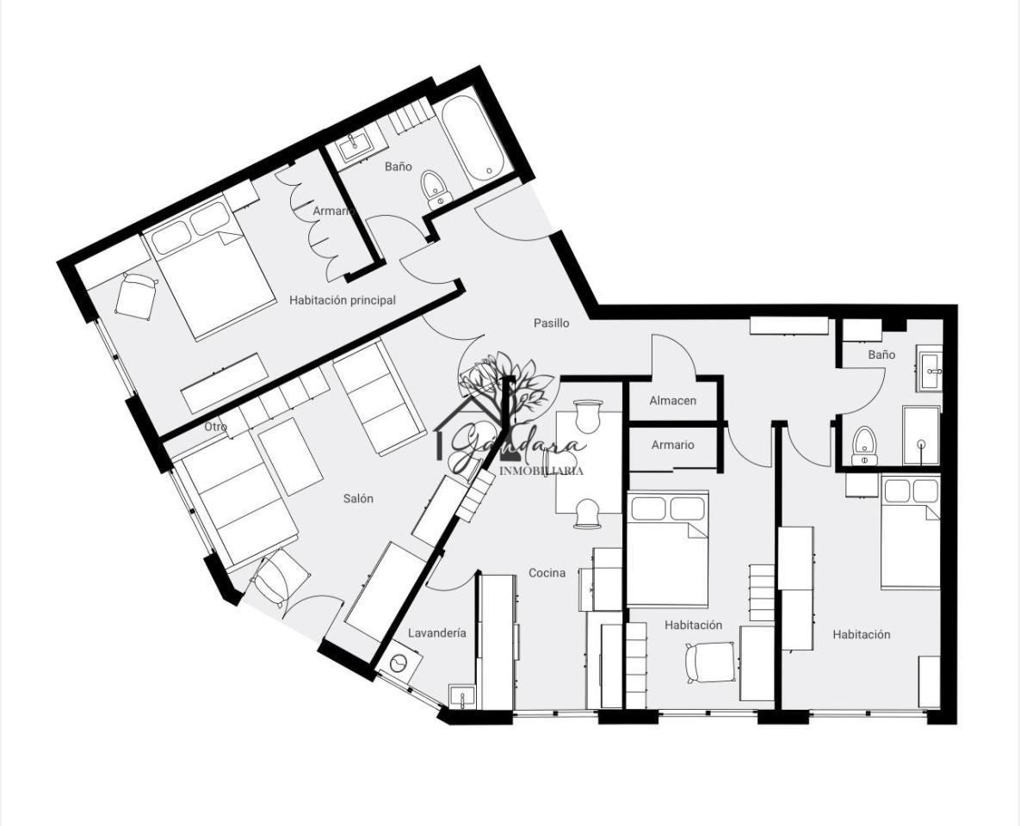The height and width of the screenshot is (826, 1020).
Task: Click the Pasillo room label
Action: point(552,323)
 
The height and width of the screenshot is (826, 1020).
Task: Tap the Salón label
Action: point(358,499)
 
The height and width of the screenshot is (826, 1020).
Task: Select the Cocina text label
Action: point(547,573)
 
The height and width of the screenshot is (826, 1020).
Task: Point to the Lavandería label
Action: point(437,632)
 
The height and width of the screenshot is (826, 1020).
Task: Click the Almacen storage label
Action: point(672,401)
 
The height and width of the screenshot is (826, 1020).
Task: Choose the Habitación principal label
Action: point(343,299)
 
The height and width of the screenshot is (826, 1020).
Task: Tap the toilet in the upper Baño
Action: point(436,189)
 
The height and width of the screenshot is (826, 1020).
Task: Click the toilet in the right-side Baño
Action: point(864,447)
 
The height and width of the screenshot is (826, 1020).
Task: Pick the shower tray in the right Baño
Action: point(921,435)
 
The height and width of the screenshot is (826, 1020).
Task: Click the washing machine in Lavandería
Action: point(399,662)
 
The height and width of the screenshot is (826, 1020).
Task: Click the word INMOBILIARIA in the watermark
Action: point(541,471)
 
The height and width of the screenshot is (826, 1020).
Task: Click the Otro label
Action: point(215,427)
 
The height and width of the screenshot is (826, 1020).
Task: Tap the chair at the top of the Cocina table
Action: point(588,417)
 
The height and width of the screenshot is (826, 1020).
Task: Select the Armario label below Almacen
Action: point(672,445)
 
